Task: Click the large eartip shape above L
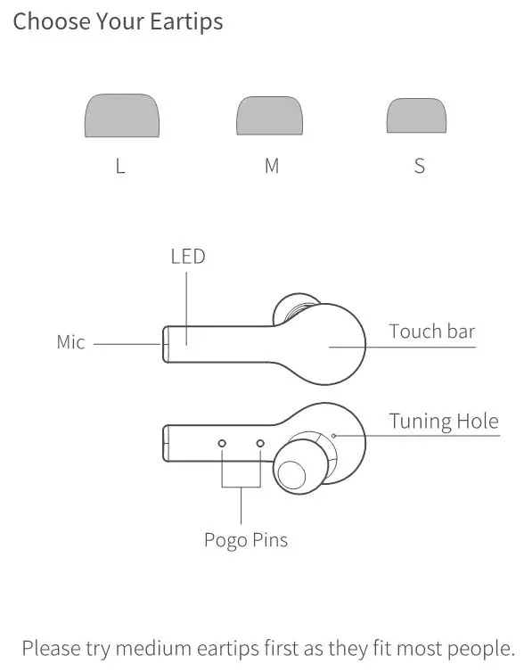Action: [121, 117]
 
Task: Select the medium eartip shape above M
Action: [269, 117]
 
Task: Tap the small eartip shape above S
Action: [416, 117]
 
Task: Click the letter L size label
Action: [120, 167]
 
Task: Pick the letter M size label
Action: [272, 167]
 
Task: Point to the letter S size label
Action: [420, 167]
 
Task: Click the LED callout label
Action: [188, 257]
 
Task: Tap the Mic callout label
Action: [70, 341]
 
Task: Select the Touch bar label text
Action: [432, 332]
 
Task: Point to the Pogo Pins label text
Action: [246, 539]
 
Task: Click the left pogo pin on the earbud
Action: [223, 443]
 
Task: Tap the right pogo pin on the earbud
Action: [261, 443]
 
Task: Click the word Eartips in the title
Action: [181, 21]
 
